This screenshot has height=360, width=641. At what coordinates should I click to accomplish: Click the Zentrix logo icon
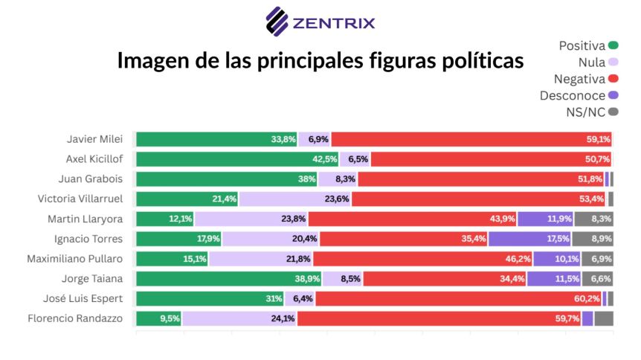point(277,22)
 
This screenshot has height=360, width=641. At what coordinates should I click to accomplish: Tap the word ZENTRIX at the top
point(334,23)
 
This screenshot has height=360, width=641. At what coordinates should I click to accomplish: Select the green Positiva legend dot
point(613,45)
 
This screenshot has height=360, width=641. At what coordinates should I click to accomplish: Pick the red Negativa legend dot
point(613,79)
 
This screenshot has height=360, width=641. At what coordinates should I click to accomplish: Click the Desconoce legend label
point(573,96)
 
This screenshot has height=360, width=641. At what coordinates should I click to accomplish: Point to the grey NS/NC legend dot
point(613,112)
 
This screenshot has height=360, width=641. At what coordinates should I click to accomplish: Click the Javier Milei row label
point(95,139)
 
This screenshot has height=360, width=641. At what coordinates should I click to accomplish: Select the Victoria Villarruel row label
point(80,199)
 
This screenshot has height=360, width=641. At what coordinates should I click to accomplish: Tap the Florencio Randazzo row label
point(75,318)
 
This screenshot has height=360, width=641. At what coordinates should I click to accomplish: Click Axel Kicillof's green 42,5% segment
point(237,159)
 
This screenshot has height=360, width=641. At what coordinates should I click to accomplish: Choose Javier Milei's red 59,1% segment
point(471,139)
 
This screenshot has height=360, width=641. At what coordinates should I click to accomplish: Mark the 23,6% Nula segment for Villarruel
point(295,199)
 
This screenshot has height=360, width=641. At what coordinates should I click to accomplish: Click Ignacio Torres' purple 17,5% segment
point(529,239)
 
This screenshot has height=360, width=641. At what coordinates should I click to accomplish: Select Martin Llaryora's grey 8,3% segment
point(593,219)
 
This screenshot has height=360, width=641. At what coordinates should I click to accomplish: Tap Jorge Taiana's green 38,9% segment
point(229,279)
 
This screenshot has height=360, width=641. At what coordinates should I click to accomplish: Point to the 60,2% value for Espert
point(587,299)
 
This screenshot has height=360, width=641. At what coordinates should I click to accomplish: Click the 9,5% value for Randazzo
point(170,318)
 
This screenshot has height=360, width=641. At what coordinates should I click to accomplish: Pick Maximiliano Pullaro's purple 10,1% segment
point(557,259)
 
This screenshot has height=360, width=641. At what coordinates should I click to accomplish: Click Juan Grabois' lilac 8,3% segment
point(338,179)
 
